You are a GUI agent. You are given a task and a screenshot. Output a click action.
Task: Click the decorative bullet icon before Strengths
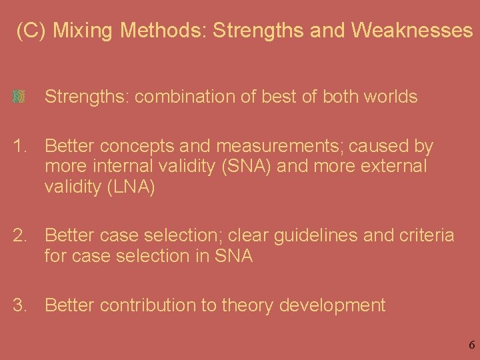point(19,97)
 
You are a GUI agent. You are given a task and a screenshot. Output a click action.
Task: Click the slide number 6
point(471,345)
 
